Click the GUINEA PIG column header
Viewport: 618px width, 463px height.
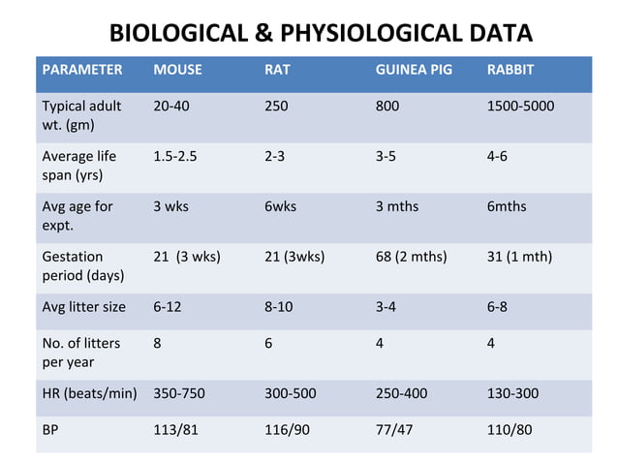413,71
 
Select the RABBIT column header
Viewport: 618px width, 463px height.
510,71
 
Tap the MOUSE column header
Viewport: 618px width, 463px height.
177,71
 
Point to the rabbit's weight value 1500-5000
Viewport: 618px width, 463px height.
520,106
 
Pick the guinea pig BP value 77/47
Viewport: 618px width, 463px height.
393,429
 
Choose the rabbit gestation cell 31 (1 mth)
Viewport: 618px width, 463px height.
519,257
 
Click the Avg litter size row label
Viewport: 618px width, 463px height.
83,307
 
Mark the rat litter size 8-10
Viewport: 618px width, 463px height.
278,307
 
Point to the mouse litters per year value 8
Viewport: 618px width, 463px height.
157,341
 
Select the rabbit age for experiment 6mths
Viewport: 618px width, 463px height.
507,206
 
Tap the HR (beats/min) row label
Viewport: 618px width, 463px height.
88,394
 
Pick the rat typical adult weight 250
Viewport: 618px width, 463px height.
276,106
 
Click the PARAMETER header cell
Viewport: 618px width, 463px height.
81,71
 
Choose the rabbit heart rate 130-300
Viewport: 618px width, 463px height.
512,394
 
